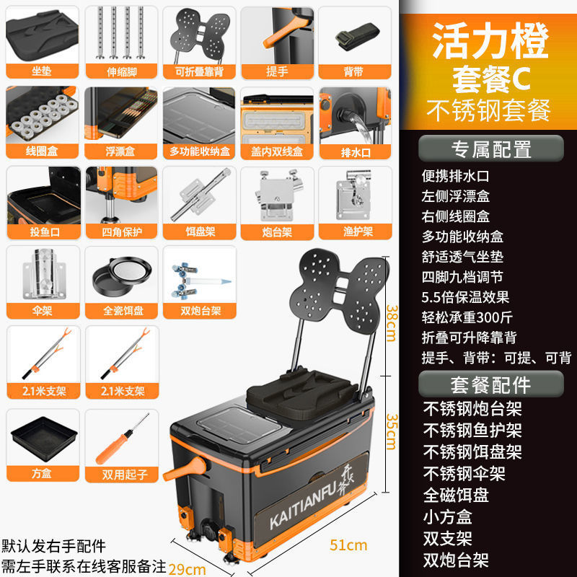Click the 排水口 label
pyautogui.click(x=356, y=151)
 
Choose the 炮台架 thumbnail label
pyautogui.click(x=277, y=232)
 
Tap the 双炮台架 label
pyautogui.click(x=199, y=311)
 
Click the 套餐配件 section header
pyautogui.click(x=490, y=383)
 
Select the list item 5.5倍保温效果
pyautogui.click(x=465, y=296)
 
